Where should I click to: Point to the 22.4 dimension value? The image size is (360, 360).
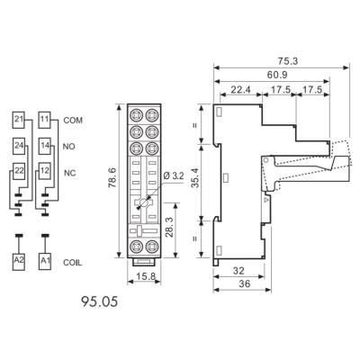click(239, 89)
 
